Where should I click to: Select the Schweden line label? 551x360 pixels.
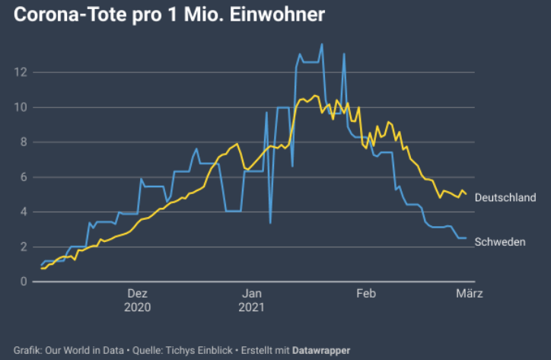pos(499,242)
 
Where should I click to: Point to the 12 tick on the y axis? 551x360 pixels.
pos(21,72)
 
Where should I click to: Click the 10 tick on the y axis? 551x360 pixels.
pos(21,107)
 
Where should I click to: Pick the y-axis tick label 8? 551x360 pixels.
pos(24,142)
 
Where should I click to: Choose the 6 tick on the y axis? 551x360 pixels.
pos(24,177)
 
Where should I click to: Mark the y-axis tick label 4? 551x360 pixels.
pos(24,212)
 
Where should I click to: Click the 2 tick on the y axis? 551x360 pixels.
pos(24,247)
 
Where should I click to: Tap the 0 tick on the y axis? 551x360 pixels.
pos(24,282)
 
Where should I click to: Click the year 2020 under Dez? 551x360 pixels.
pos(138,307)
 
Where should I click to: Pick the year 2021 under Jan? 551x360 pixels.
pos(252,307)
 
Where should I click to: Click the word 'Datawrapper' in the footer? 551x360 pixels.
pos(322,350)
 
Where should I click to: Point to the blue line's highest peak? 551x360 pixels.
pos(322,44)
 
